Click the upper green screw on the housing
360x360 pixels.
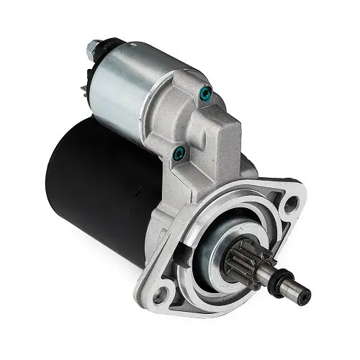pyautogui.click(x=207, y=93)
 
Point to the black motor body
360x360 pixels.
pyautogui.click(x=101, y=180)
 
